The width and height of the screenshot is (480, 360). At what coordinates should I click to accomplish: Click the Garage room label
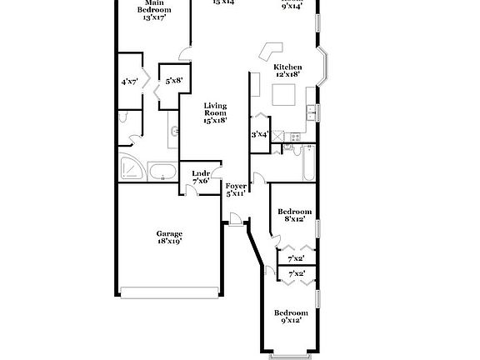(169, 233)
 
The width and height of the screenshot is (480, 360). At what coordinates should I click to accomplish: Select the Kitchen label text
(287, 67)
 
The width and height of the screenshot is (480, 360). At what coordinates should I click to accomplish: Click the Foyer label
(235, 186)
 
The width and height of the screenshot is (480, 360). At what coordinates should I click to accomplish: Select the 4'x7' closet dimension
(129, 82)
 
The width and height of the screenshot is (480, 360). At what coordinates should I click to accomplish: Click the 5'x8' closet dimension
(173, 81)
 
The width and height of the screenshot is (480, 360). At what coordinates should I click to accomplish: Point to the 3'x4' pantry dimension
(259, 133)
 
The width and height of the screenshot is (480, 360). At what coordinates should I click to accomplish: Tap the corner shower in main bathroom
(130, 169)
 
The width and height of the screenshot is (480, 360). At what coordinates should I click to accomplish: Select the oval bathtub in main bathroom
(162, 172)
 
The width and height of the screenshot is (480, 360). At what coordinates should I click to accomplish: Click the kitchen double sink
(311, 112)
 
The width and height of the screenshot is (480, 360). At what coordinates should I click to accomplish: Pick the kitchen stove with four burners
(291, 136)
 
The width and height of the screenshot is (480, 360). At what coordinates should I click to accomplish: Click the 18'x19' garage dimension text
(169, 241)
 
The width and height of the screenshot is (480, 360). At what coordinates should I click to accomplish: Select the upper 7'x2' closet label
(296, 258)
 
